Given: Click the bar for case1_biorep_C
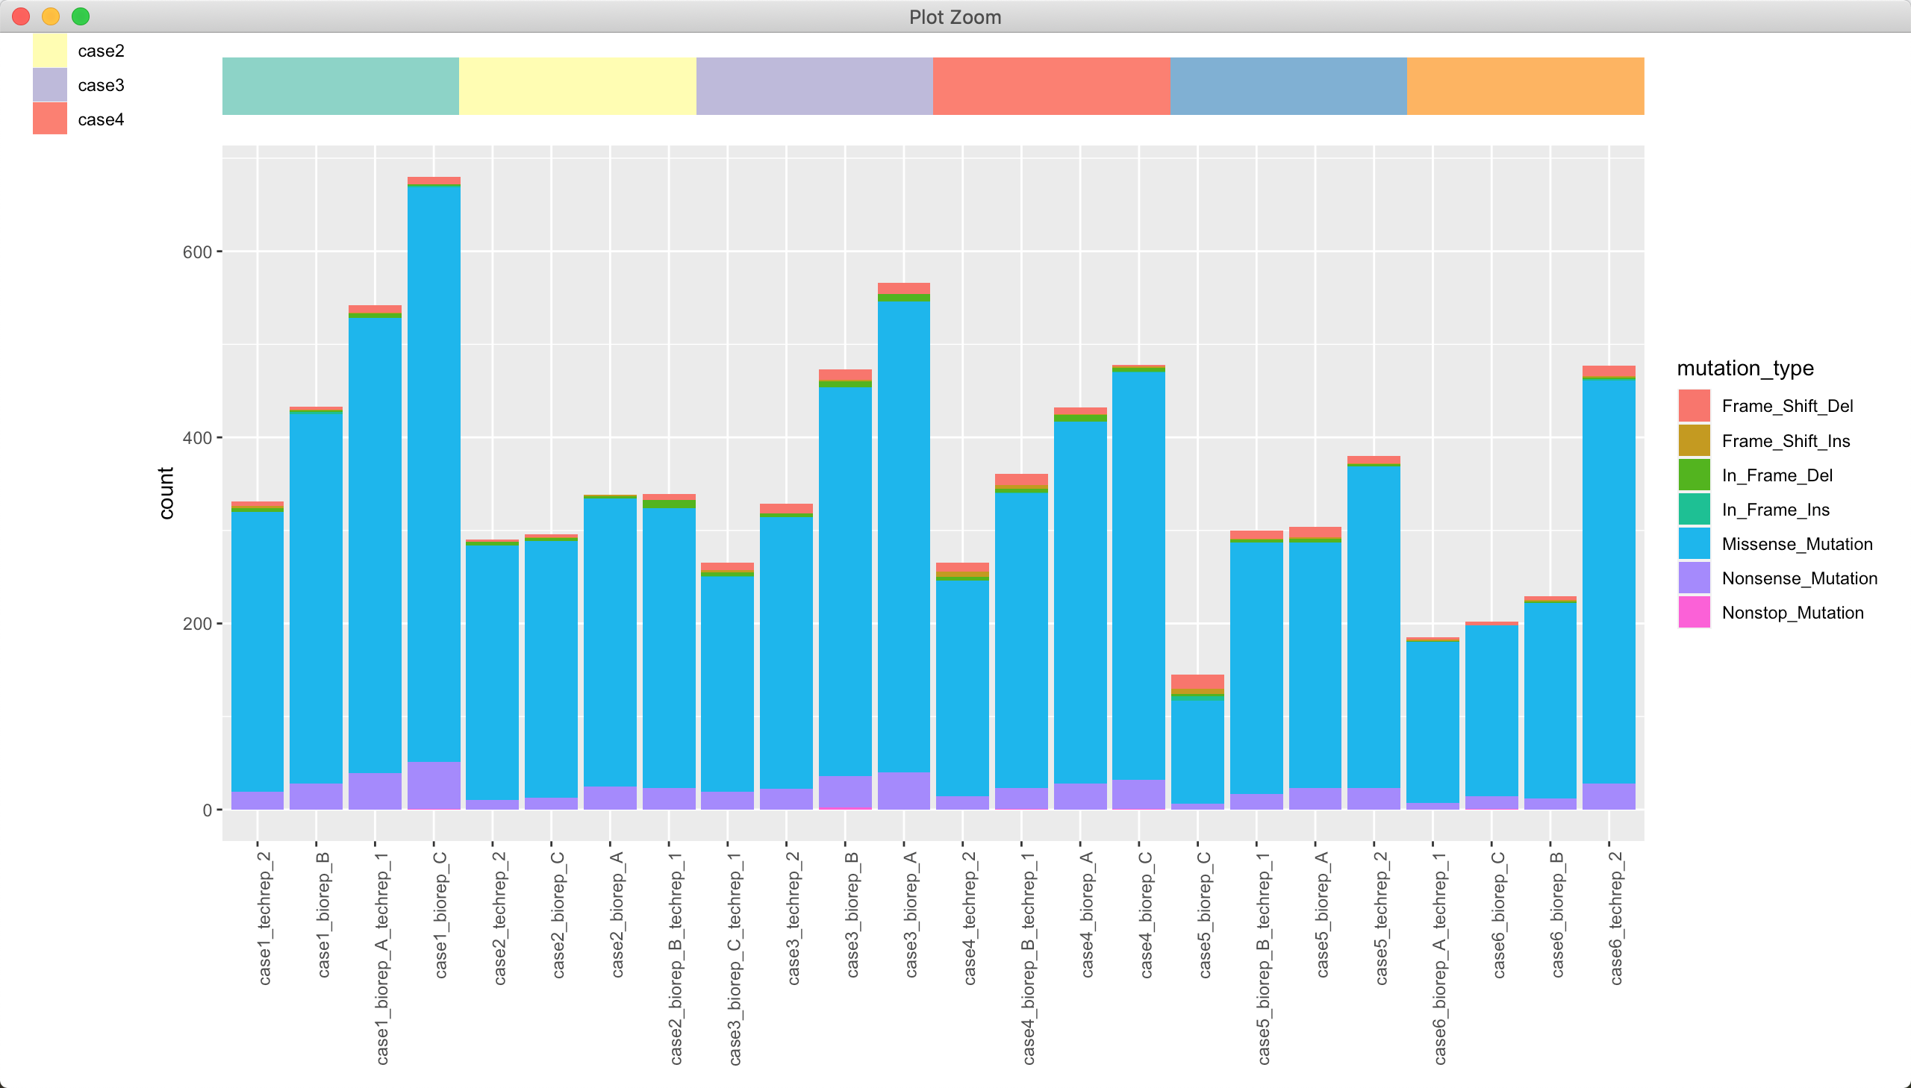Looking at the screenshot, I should pos(434,493).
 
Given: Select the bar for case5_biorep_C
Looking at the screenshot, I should pos(1197,747).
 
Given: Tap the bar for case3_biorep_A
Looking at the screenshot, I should pos(903,545).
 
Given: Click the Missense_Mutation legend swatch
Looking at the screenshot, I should pos(1694,544).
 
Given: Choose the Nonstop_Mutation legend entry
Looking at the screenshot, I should pos(1792,613).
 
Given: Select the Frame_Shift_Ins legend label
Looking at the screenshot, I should pos(1785,441).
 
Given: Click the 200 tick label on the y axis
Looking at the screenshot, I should pos(197,623).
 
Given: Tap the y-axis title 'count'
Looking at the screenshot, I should pos(166,493).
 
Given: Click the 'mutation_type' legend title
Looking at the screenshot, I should pos(1745,369).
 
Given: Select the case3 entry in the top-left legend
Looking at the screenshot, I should pos(100,85).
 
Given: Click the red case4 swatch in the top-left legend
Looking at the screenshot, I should pos(50,119).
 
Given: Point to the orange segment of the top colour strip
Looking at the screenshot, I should pos(1524,86).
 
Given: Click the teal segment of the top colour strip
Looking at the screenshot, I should pos(340,86).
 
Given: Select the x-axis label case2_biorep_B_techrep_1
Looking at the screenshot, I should pos(676,957).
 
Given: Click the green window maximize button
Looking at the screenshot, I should pos(81,16).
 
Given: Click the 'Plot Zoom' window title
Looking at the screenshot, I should pos(954,16).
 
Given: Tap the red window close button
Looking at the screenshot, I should pos(21,16).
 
